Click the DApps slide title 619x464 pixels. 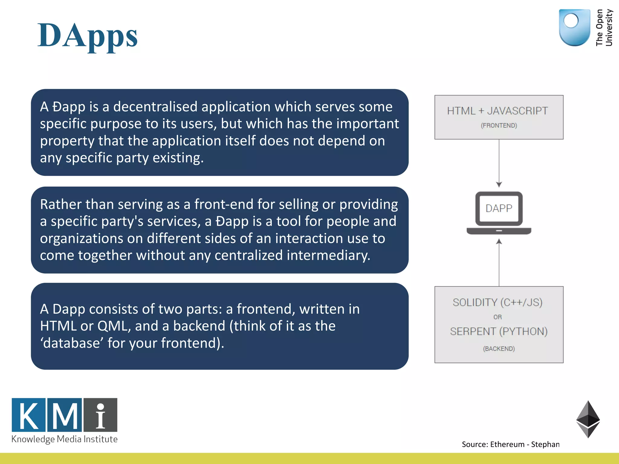pos(88,36)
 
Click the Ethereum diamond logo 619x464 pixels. pos(588,419)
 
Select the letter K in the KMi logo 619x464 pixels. pos(29,415)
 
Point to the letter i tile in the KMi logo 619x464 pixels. pos(100,415)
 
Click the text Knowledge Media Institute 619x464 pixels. pos(64,439)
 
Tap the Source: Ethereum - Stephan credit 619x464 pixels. pos(510,444)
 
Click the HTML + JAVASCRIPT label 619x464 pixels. pos(497,111)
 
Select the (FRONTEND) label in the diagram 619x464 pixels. pos(499,125)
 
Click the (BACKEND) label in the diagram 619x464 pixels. pos(499,349)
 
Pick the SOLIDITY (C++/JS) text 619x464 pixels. pos(497,302)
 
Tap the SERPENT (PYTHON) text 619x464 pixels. pos(499,331)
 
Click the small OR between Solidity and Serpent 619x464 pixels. pos(497,317)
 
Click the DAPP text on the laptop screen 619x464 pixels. pos(499,208)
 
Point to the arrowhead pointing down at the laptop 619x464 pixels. pos(499,185)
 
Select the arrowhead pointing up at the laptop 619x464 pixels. pos(499,241)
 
